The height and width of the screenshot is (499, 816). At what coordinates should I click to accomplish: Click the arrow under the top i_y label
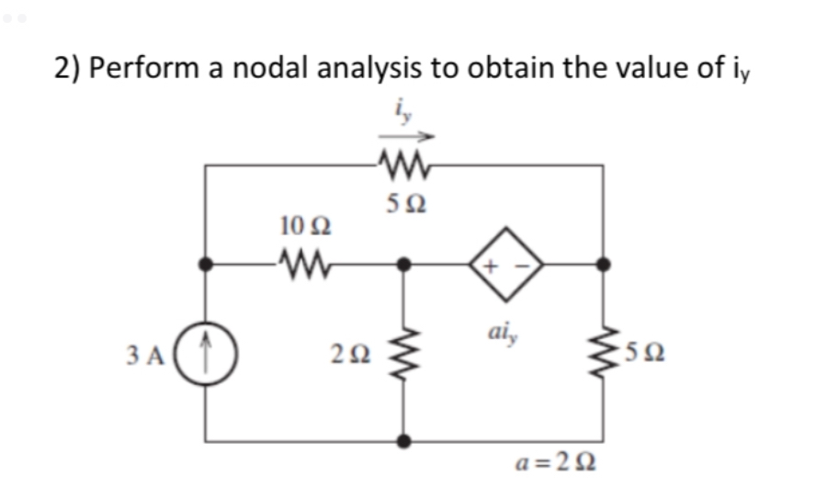[x=403, y=134]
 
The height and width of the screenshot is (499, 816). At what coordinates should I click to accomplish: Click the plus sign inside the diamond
[x=491, y=266]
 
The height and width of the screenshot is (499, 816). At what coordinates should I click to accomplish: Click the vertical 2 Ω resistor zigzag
[x=402, y=351]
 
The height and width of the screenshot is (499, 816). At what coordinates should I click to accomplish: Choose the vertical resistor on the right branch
[x=602, y=351]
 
